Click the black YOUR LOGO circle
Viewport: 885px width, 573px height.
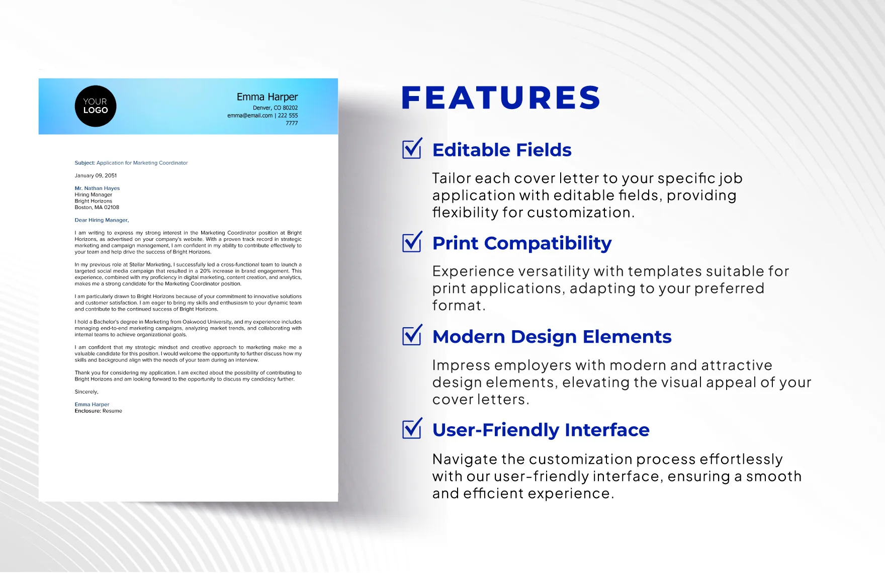click(96, 106)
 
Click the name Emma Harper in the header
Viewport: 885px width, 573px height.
click(267, 97)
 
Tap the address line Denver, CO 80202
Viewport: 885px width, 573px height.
click(275, 108)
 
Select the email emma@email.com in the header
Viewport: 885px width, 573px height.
click(250, 116)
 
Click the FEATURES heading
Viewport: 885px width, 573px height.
click(501, 98)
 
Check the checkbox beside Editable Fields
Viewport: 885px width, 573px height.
click(412, 149)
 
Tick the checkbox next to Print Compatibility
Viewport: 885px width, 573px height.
click(412, 243)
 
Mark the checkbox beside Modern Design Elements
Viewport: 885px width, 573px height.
click(412, 336)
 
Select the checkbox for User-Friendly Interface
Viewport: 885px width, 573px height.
click(412, 429)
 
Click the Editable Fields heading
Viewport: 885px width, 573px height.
click(502, 150)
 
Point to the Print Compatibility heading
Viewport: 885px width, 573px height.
click(522, 243)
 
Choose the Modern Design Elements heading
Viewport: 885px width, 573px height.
click(552, 337)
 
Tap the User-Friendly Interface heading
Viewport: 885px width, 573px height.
click(541, 430)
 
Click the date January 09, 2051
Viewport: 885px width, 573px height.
click(96, 176)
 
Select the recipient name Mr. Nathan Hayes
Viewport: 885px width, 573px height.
click(97, 188)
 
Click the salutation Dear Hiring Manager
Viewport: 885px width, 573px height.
click(102, 220)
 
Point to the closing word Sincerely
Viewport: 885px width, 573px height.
click(86, 392)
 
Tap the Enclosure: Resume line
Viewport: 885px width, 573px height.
click(99, 411)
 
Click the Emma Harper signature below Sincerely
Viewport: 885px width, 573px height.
click(92, 405)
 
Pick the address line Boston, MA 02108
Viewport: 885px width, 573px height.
click(97, 208)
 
